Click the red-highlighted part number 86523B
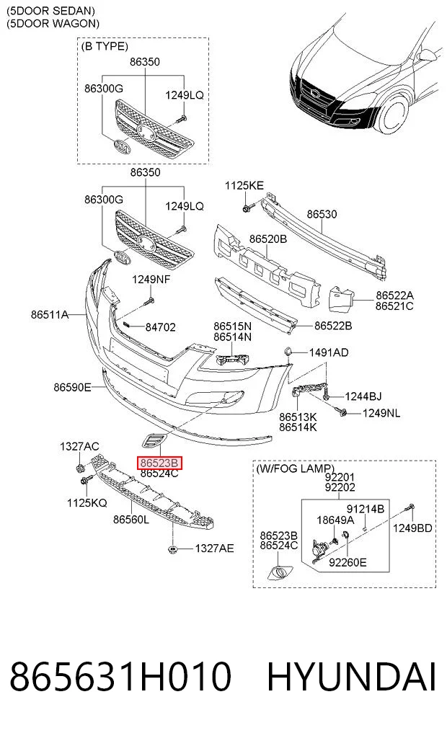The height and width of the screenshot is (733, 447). coord(159,463)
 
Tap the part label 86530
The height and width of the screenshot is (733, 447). coord(322,214)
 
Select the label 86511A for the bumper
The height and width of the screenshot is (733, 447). coord(50,315)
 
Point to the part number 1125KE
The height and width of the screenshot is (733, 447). coord(244,185)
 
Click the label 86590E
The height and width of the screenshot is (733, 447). coord(72,387)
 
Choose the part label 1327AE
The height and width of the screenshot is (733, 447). coord(214,548)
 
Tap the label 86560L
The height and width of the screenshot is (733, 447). coord(131,520)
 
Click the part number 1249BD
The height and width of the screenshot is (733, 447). coord(412,528)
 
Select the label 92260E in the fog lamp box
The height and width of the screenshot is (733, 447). coord(348,562)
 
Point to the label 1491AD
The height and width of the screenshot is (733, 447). coord(329,352)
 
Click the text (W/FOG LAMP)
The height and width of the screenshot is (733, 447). coord(295,468)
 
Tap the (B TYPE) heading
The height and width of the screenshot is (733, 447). coord(105,46)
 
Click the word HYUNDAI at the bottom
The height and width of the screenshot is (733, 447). coord(352,677)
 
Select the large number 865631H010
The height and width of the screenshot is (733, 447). coord(120,677)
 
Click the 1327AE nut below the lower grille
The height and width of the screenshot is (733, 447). coord(172,548)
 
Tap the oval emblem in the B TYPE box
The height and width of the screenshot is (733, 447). coord(122,147)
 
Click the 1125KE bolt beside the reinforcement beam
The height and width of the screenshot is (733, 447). coord(247,207)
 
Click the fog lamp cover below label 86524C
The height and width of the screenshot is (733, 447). coord(280,572)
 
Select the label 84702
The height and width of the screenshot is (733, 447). coord(160,327)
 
